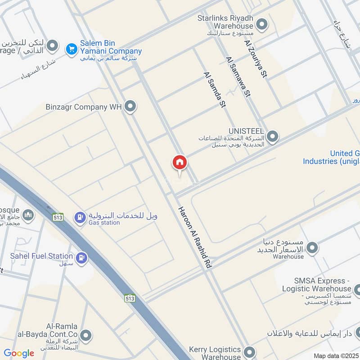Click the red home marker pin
pos(179,163)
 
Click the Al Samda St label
pos(214,90)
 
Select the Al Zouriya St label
pos(256,59)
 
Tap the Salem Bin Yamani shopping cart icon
pos(71,49)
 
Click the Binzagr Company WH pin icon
pos(130,107)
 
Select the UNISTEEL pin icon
pos(272,135)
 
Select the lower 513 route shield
pos(130,298)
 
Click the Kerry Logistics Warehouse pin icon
pos(249,352)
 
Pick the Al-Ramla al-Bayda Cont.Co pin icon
pos(85,335)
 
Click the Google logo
pos(19,353)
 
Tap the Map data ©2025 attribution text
pos(335,355)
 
